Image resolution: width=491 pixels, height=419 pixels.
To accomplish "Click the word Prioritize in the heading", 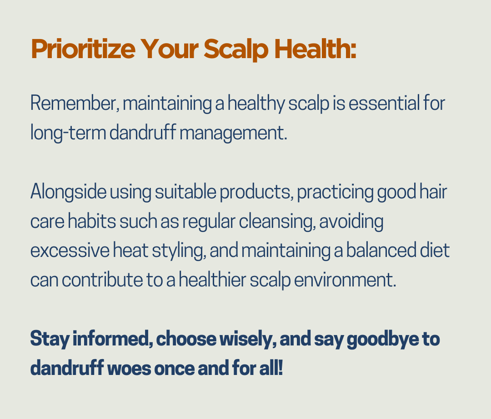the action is point(83,49).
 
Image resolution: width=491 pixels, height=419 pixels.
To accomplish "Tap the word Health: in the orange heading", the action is point(316,49).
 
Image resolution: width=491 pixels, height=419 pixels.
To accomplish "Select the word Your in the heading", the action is point(169,49).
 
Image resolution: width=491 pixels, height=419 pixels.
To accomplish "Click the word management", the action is point(233,133).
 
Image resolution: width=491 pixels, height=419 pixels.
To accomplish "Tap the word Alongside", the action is point(68,192).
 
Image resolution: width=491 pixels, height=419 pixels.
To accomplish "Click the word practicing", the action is point(335,192).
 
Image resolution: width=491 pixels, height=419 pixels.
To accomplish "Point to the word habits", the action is point(92,221).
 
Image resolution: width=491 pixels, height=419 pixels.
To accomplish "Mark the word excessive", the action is point(70,251).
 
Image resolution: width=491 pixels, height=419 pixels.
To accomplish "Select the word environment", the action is point(345,280).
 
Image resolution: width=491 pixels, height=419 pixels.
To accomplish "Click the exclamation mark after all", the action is point(280,367).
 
